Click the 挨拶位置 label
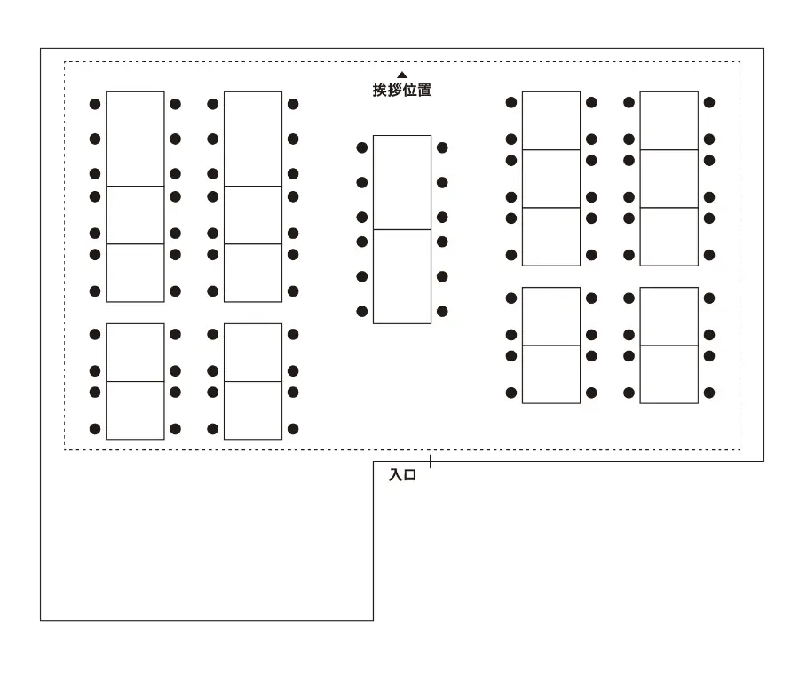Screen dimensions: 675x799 point(402,91)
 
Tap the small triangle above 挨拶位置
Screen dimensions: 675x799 point(402,75)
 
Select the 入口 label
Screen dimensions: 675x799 point(402,475)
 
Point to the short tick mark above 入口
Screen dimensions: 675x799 point(431,461)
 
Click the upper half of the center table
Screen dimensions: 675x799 point(402,182)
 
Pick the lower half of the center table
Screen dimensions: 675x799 point(402,276)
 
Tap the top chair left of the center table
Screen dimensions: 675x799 point(362,147)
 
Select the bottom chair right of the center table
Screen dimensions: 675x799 point(442,311)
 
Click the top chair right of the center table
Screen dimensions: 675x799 point(442,147)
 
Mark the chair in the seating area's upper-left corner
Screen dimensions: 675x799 point(95,104)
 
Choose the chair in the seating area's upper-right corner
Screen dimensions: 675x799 point(709,103)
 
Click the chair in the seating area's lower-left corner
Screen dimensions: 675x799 point(95,429)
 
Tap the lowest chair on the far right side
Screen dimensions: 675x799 point(709,393)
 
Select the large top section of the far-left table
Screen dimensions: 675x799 point(135,139)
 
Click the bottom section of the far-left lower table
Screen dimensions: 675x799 point(135,410)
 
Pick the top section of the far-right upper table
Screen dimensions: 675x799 point(668,121)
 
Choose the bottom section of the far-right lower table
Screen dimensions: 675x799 point(668,374)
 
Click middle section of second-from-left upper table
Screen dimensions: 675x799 point(253,215)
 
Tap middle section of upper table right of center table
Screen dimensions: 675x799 point(551,179)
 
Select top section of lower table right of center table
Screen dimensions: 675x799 point(551,316)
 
